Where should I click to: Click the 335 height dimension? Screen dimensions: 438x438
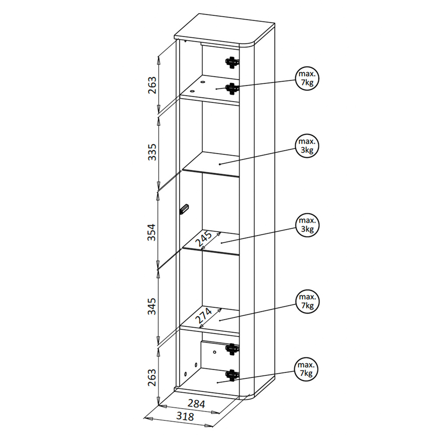pyautogui.click(x=152, y=152)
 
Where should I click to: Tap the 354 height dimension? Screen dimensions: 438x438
pyautogui.click(x=152, y=232)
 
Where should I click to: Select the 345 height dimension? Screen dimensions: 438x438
pyautogui.click(x=152, y=307)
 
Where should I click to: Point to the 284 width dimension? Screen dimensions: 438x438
pyautogui.click(x=196, y=404)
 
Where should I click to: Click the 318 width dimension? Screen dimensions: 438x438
pyautogui.click(x=185, y=416)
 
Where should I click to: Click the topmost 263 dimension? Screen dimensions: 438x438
pyautogui.click(x=152, y=85)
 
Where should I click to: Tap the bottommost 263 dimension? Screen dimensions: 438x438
pyautogui.click(x=152, y=378)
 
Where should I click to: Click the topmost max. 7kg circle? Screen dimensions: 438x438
pyautogui.click(x=307, y=78)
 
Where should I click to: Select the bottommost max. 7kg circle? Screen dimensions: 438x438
pyautogui.click(x=306, y=369)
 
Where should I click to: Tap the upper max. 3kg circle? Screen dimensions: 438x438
pyautogui.click(x=307, y=146)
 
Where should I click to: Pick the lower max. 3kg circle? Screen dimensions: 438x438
pyautogui.click(x=307, y=225)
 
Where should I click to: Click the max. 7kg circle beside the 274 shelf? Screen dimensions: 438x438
pyautogui.click(x=307, y=301)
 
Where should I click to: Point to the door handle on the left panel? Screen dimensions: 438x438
pyautogui.click(x=184, y=209)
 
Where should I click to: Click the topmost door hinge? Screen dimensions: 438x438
pyautogui.click(x=232, y=63)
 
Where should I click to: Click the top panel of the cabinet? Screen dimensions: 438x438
pyautogui.click(x=224, y=30)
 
